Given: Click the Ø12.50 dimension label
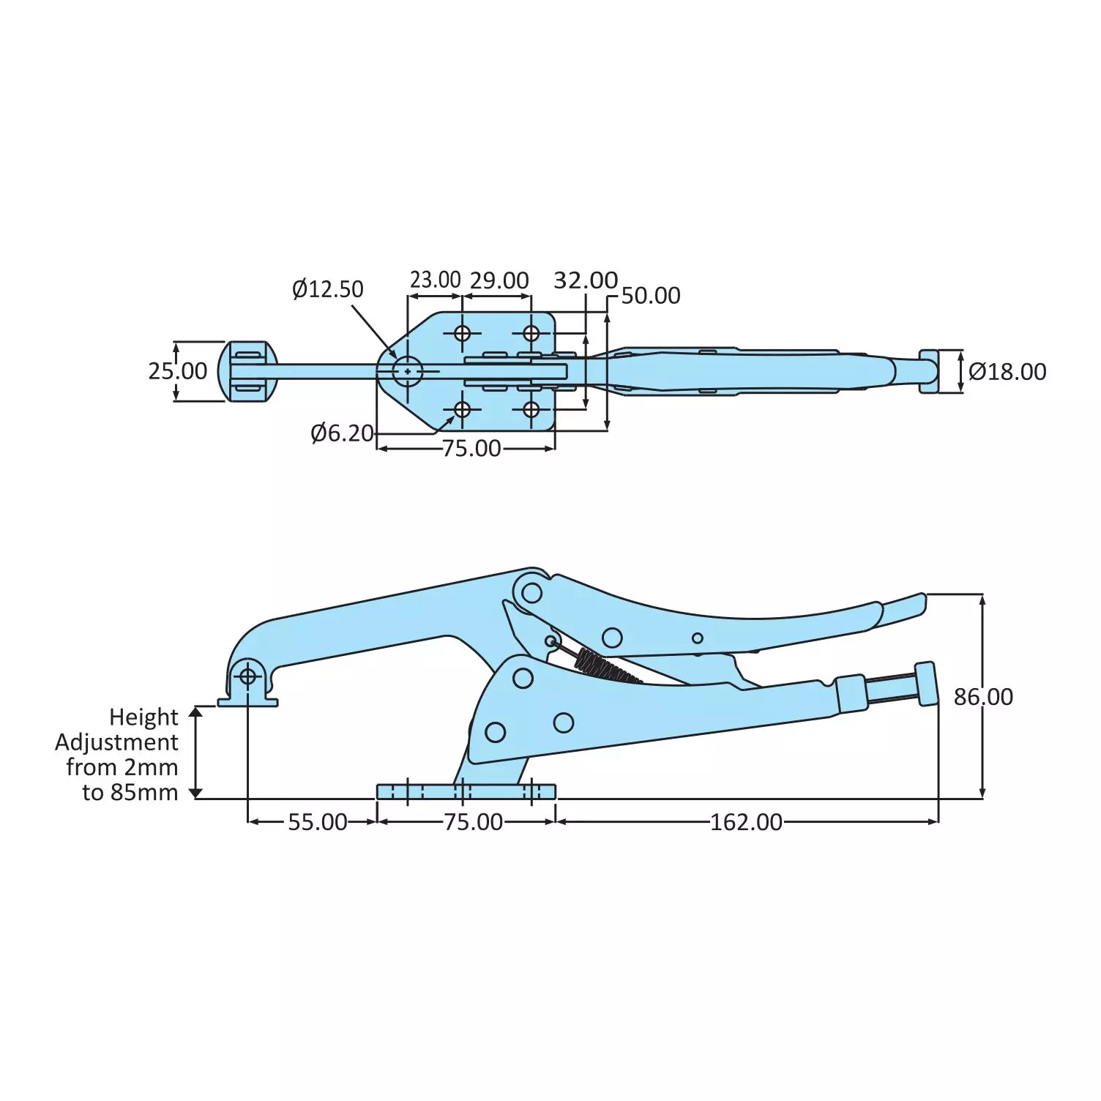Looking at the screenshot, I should pos(327,289).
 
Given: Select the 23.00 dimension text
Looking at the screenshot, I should pos(435,280).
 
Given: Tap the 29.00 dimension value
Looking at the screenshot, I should pos(499,280).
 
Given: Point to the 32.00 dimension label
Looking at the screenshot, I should pos(585,280).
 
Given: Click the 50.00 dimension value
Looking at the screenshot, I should pos(651,296).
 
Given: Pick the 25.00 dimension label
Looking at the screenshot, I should pos(178,371).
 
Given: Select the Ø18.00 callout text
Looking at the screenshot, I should pos(1007,372).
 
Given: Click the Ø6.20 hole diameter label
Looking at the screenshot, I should pos(342,433).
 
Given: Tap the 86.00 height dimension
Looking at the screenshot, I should pos(983,697).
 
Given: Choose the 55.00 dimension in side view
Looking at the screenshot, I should pos(317,822).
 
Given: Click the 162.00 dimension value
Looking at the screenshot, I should pos(746,822).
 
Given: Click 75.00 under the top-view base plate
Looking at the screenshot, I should pos(471,448).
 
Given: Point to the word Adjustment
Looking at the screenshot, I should pos(116,742).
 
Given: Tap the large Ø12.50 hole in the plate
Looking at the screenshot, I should pos(408,371).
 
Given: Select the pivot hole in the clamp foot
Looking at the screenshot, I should pos(247,676).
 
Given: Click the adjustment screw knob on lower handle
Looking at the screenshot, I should pos(926,684).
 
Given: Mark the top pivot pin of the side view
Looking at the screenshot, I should pos(531,592).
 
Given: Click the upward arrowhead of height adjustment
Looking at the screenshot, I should pos(195,712).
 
